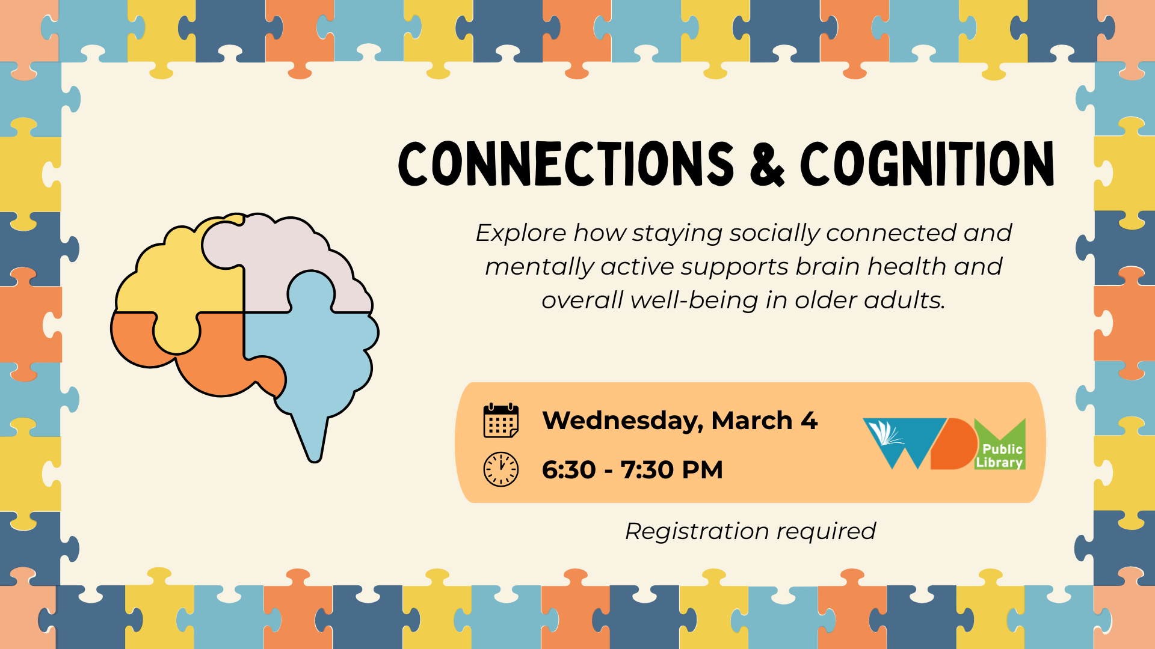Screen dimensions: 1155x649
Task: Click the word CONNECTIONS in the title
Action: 566,163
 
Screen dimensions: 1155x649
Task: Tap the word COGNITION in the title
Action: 927,163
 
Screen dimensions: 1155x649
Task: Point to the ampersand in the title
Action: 767,165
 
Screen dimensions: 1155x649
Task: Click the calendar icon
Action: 500,421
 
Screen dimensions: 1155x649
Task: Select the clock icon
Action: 500,469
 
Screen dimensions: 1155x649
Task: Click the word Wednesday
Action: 623,421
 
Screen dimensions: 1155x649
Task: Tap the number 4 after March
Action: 809,421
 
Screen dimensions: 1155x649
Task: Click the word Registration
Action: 697,532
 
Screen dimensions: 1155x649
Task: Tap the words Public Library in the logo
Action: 1000,456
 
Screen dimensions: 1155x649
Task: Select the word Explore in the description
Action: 521,234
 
